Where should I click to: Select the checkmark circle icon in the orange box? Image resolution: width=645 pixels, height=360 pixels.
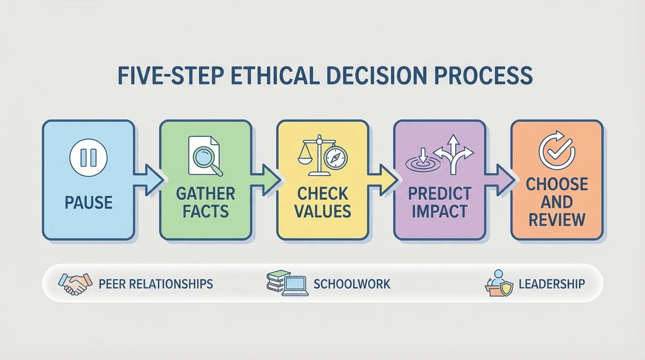pyautogui.click(x=556, y=150)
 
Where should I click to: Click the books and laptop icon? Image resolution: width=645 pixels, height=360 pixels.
pyautogui.click(x=287, y=284)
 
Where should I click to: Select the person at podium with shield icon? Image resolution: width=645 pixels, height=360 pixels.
pyautogui.click(x=498, y=284)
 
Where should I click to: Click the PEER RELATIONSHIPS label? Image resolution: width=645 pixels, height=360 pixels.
pyautogui.click(x=156, y=284)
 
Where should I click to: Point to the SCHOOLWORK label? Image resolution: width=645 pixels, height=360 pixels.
pyautogui.click(x=352, y=284)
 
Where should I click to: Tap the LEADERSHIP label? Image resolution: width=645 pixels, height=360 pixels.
pyautogui.click(x=552, y=284)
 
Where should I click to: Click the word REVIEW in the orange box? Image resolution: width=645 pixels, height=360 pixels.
pyautogui.click(x=557, y=219)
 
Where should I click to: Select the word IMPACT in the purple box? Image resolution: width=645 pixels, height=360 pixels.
pyautogui.click(x=440, y=211)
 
